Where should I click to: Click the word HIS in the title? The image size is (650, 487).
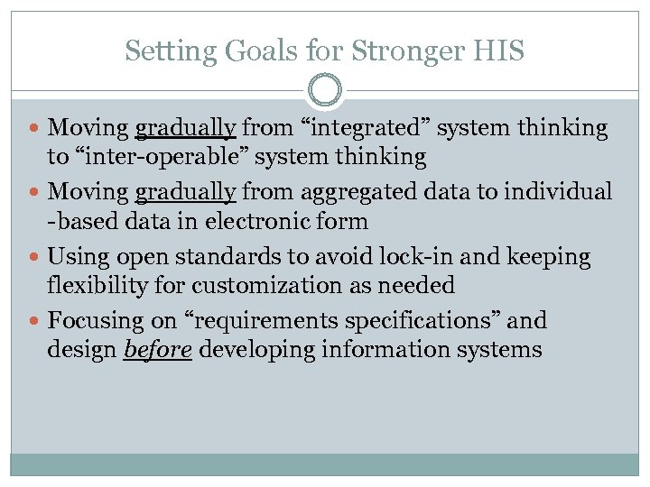coord(497,51)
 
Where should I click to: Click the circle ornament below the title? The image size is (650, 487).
coord(325,90)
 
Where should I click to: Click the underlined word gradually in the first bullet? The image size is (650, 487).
coord(185,129)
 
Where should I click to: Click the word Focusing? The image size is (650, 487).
coord(90,321)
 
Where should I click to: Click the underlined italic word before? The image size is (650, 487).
coord(156,350)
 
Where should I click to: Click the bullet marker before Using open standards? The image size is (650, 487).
coord(35,258)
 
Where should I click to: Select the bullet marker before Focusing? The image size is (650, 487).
coord(35,322)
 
